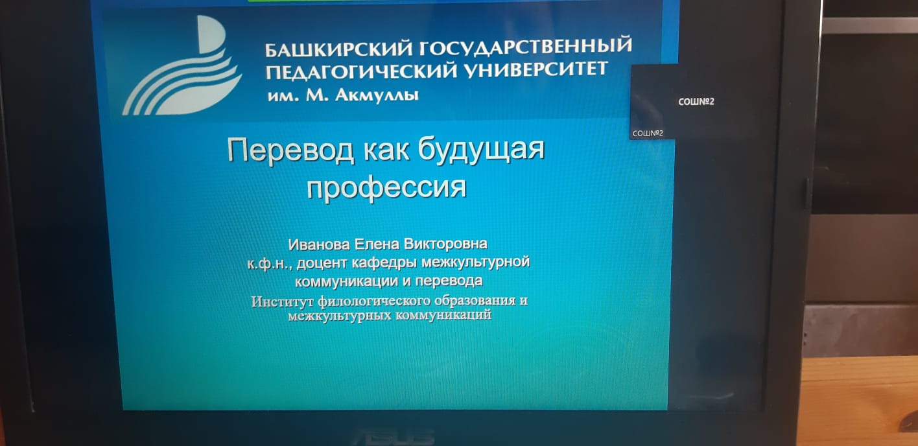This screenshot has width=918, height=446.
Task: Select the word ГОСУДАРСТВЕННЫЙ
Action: coord(525,46)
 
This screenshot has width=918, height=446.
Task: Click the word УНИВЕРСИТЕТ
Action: coord(535,69)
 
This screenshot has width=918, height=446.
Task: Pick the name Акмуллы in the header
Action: coord(377,95)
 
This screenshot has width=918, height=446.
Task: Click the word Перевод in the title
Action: coord(290,150)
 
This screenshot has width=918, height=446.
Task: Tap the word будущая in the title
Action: coord(481,150)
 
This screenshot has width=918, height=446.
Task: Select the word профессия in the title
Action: coord(387,188)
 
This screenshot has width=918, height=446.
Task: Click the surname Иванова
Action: coord(319,245)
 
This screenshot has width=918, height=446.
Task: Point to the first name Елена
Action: coord(377,244)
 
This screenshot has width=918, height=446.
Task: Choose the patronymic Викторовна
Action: coord(445,244)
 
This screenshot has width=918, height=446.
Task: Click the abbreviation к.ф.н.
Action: coord(269,264)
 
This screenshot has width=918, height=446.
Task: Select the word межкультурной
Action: coord(475,262)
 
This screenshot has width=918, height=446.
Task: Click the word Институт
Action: coord(283,301)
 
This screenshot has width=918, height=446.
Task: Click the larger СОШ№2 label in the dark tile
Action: coord(696,102)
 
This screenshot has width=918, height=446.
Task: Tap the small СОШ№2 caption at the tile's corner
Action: coord(648,134)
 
